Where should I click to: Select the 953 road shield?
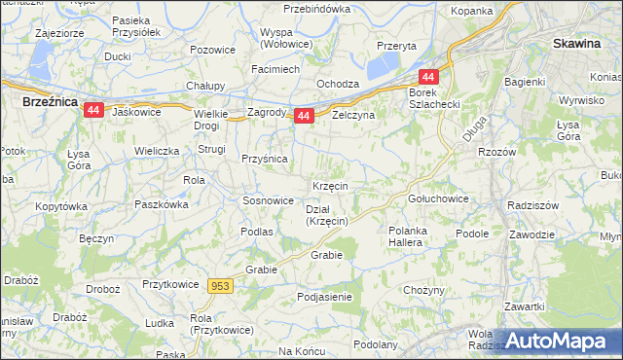220,285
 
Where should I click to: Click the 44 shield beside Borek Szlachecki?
428,77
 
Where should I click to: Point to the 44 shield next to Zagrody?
304,116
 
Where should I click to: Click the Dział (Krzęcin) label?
327,215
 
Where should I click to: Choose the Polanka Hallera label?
405,236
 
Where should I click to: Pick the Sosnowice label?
268,200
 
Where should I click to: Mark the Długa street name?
474,129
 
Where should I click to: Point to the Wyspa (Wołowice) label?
283,38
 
